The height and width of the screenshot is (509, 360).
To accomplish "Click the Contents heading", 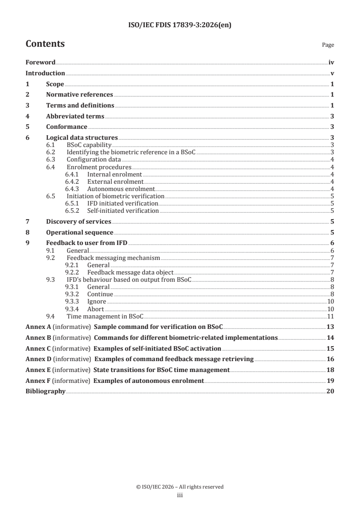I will [x=45, y=44].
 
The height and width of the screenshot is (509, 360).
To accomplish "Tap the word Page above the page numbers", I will [x=328, y=45].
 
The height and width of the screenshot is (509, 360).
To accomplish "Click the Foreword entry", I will [x=40, y=63].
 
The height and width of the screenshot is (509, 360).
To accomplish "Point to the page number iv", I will [x=331, y=63].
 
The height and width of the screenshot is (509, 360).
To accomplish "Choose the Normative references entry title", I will [x=79, y=95].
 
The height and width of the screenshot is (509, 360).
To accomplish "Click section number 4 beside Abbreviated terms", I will [x=28, y=117].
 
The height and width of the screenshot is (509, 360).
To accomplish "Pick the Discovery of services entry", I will [x=79, y=221].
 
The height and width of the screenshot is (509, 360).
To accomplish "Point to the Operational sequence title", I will [x=79, y=232].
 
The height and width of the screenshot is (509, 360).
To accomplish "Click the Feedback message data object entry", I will [x=130, y=272].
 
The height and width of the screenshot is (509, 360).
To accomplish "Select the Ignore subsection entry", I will [x=97, y=301].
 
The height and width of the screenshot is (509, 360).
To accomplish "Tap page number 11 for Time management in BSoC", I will [x=331, y=316].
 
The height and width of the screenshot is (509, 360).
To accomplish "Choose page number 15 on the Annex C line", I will [x=330, y=348].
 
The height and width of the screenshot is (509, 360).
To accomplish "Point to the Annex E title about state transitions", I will [x=161, y=370].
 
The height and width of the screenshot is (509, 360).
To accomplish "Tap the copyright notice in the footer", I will [x=180, y=487].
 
